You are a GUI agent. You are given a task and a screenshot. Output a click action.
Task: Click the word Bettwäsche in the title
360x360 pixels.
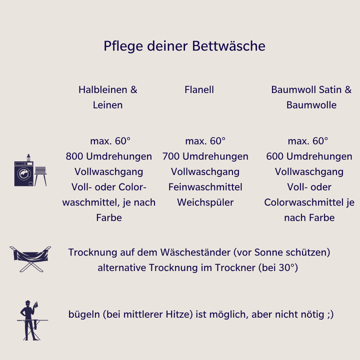(x=228, y=46)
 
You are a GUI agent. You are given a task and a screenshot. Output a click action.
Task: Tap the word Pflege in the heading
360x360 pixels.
(x=123, y=46)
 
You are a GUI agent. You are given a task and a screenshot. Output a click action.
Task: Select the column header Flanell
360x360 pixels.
(x=199, y=89)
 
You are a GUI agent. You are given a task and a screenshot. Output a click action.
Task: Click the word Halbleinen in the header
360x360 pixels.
(x=102, y=89)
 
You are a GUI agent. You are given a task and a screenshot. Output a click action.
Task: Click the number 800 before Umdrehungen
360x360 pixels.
(x=74, y=156)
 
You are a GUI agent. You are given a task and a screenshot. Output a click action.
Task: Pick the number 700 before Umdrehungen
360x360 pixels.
(x=171, y=156)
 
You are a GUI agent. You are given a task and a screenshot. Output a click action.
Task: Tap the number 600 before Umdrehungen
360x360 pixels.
(x=275, y=156)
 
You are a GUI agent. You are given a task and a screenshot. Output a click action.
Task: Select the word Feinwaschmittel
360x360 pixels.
(x=205, y=187)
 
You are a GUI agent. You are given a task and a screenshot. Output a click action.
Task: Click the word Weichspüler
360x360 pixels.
(x=205, y=202)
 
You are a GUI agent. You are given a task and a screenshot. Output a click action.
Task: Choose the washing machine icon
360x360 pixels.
(x=24, y=173)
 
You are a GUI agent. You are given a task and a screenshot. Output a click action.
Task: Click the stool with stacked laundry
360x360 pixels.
(x=40, y=176)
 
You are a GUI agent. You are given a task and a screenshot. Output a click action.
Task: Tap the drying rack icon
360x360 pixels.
(x=30, y=259)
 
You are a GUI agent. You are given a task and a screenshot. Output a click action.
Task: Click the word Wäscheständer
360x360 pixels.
(x=195, y=252)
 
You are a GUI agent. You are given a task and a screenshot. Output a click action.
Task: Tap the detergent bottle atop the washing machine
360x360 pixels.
(x=28, y=157)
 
